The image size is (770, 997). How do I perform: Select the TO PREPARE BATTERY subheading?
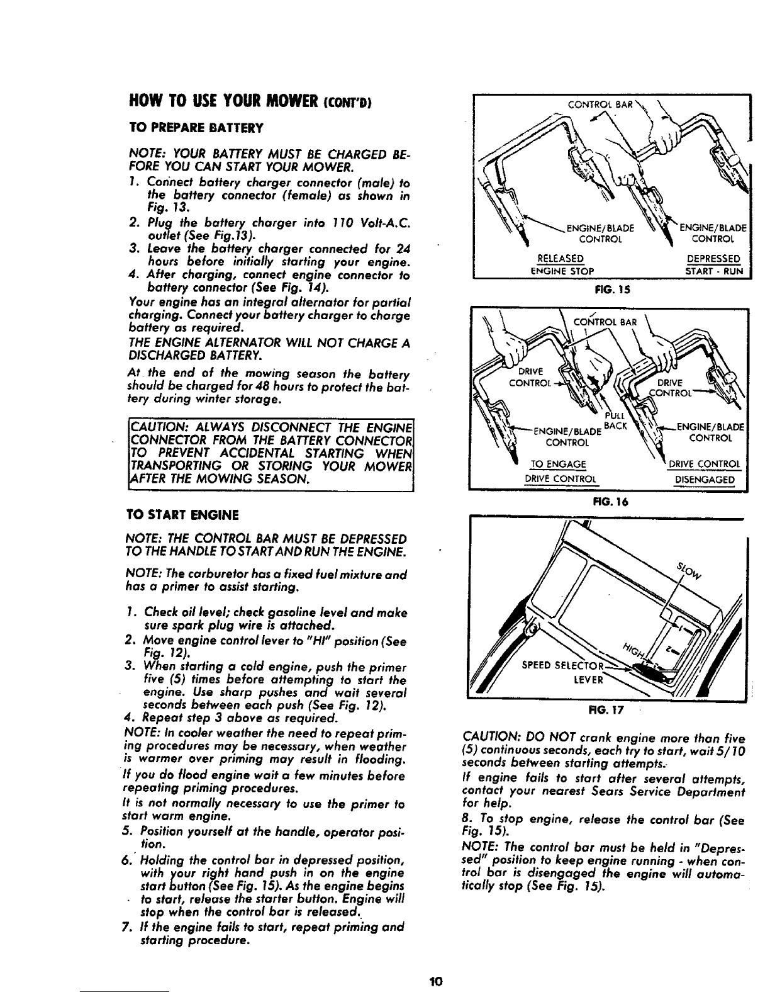pos(181,128)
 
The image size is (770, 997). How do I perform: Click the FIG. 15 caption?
pos(606,291)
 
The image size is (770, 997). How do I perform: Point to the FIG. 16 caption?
pos(606,502)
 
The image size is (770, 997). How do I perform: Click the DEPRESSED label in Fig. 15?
pos(713,259)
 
